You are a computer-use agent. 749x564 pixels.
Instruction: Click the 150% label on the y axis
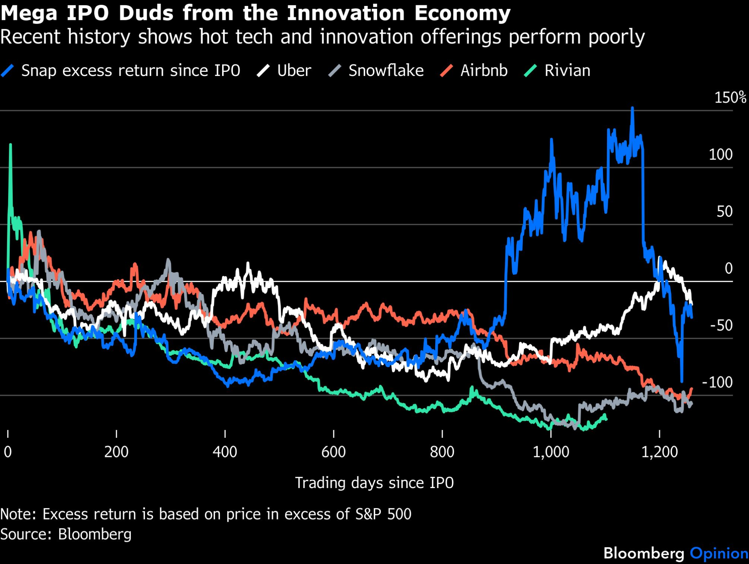pyautogui.click(x=730, y=98)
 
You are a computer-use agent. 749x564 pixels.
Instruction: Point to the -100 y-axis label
pyautogui.click(x=718, y=382)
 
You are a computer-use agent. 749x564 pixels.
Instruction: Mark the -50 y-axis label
pyautogui.click(x=721, y=326)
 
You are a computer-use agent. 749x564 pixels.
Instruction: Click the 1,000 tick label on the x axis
pyautogui.click(x=551, y=452)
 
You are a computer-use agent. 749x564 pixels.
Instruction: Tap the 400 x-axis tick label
pyautogui.click(x=225, y=452)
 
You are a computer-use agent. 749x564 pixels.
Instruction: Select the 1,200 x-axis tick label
pyautogui.click(x=659, y=452)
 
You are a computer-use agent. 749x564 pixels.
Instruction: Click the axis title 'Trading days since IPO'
pyautogui.click(x=374, y=483)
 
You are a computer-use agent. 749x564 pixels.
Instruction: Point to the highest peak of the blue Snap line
pyautogui.click(x=633, y=108)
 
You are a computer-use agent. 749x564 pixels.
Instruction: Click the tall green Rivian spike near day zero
pyautogui.click(x=10, y=144)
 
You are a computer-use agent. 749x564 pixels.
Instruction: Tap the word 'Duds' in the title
pyautogui.click(x=146, y=13)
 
